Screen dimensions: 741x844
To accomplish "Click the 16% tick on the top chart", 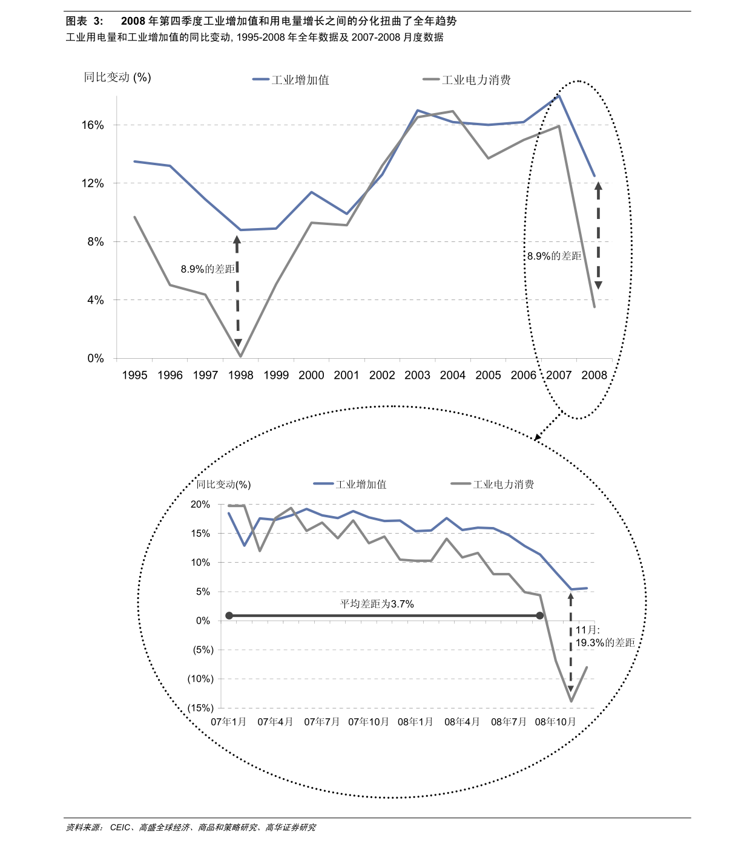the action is click(x=93, y=125).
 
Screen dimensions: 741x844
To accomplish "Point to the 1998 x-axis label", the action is click(x=240, y=375).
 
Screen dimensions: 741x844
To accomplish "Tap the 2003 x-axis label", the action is click(x=417, y=375).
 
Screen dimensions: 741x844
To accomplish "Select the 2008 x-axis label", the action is click(x=594, y=375).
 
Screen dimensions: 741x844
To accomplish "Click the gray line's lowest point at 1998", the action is click(x=240, y=356).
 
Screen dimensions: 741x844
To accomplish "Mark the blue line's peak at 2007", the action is click(x=559, y=96).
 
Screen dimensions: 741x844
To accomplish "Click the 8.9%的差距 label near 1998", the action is click(x=208, y=269).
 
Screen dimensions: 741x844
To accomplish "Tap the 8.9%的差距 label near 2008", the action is click(x=554, y=256).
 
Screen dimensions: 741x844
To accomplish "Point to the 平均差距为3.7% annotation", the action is click(x=377, y=604).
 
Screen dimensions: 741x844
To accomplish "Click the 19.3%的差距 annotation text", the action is click(x=605, y=643).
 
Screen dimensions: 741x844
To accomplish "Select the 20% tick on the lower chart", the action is click(x=200, y=505).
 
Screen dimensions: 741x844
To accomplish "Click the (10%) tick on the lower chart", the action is click(x=200, y=679).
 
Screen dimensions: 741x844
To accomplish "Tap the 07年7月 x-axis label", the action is click(x=321, y=722).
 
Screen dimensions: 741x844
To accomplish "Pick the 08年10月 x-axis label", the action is click(x=555, y=722).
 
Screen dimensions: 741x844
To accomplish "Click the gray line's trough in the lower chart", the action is click(x=571, y=701).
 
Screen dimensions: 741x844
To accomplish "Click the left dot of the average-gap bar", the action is click(x=229, y=616).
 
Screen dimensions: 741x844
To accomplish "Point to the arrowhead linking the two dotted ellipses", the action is click(x=538, y=437).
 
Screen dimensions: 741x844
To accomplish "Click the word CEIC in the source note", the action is click(x=120, y=827).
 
